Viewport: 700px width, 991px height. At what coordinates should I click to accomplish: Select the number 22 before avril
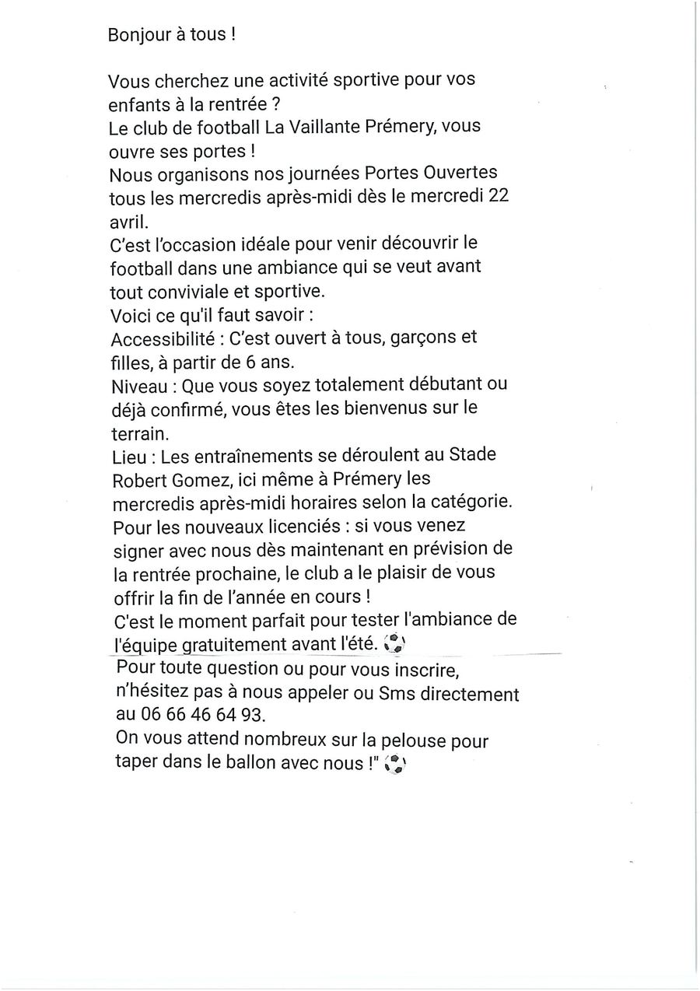[498, 195]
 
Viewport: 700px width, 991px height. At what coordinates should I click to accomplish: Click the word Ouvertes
[464, 173]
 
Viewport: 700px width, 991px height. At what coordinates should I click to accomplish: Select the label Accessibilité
[160, 339]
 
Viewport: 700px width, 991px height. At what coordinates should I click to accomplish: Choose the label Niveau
[139, 386]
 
